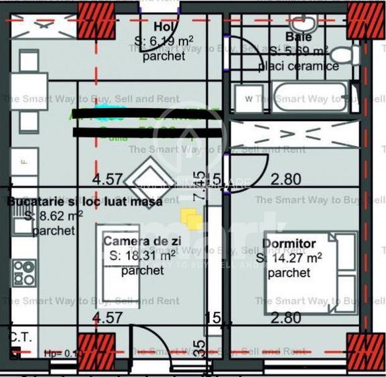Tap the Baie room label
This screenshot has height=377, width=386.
[298, 37]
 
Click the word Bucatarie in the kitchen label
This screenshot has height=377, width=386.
[33, 202]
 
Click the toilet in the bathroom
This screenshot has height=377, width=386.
[346, 55]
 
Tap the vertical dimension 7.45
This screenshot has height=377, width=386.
[199, 185]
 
